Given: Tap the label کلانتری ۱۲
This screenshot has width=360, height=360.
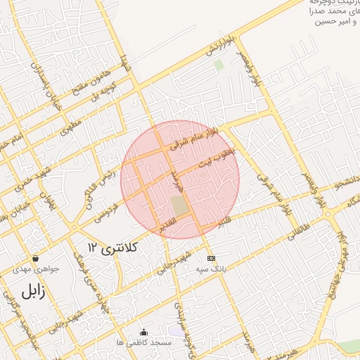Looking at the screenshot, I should pyautogui.click(x=114, y=247).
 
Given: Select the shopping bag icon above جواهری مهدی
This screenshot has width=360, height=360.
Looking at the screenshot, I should pyautogui.click(x=35, y=258).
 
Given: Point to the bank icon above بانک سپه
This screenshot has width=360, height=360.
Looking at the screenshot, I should pyautogui.click(x=210, y=258).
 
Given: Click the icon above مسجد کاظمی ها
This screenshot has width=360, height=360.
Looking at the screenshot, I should pyautogui.click(x=144, y=332).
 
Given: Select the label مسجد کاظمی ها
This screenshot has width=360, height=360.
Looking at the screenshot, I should pyautogui.click(x=145, y=342).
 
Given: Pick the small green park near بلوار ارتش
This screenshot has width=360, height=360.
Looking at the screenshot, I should pyautogui.click(x=219, y=65).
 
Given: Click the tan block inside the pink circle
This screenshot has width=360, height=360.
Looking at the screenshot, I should pyautogui.click(x=180, y=206).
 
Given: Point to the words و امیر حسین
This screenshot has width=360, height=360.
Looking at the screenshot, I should pyautogui.click(x=330, y=22).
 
